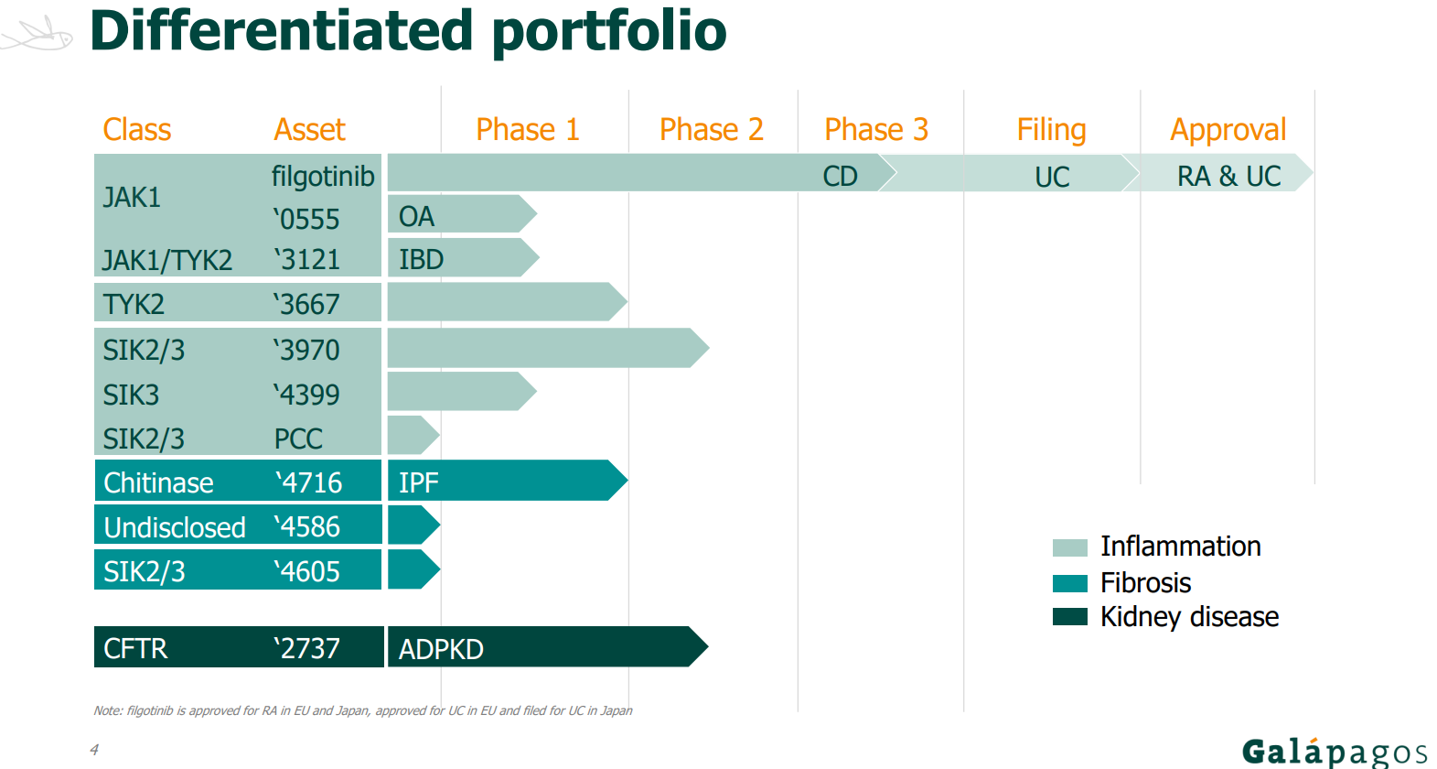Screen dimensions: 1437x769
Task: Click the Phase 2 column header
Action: coord(712,130)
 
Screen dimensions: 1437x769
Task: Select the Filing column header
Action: coord(1051,131)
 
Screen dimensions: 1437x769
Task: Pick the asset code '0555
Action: coord(306,219)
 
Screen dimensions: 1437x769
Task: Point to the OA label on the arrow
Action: coord(416,216)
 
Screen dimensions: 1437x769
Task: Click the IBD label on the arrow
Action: coord(421,259)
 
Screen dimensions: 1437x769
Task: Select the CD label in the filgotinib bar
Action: coord(840,177)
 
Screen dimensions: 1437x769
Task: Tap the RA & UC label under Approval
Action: coord(1228,176)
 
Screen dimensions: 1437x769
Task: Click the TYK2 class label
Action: coord(134,304)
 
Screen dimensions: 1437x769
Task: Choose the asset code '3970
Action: coord(306,350)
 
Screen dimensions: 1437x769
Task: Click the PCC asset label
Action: coord(298,439)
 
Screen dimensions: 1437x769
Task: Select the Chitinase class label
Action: coord(158,482)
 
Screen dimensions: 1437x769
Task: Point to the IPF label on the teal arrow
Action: coord(418,482)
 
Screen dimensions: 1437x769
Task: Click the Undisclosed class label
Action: coord(175,527)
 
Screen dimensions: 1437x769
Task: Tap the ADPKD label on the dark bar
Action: coord(441,650)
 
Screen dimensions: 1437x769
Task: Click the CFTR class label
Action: coord(135,649)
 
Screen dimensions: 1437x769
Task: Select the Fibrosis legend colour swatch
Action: coord(1070,583)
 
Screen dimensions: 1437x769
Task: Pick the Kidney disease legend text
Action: coord(1189,617)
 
